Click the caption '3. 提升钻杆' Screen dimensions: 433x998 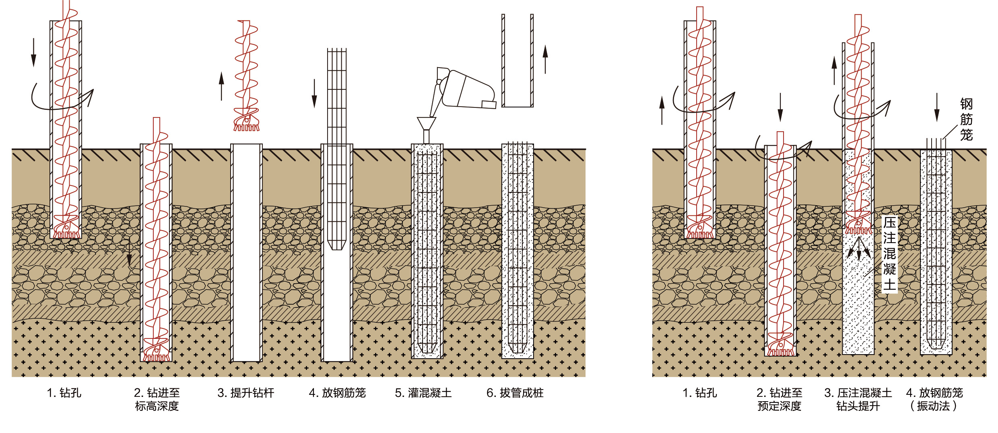[246, 393]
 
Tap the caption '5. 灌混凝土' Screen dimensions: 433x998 [423, 393]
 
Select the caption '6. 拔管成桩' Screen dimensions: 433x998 [515, 393]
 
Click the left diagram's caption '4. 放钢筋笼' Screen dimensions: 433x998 [337, 393]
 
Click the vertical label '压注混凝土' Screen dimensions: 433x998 [889, 254]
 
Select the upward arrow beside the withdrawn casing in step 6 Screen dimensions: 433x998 [545, 59]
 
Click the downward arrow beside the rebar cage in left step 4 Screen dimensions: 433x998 [314, 93]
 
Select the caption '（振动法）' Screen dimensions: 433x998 [933, 406]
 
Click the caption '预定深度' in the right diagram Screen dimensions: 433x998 [779, 406]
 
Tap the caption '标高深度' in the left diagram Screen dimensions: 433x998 [157, 406]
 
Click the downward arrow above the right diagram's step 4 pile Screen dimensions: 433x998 [937, 107]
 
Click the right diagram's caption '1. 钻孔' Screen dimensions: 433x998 [700, 393]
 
